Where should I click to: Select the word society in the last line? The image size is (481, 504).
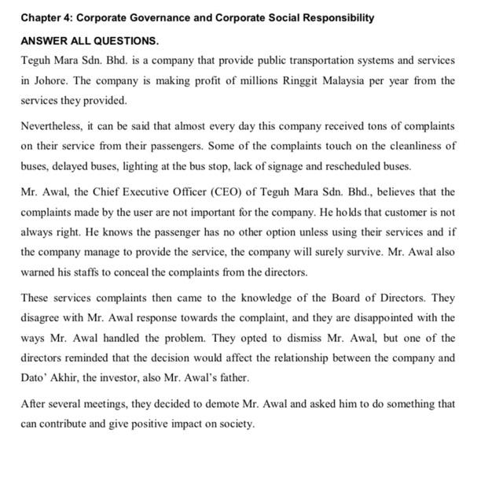click(x=234, y=424)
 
